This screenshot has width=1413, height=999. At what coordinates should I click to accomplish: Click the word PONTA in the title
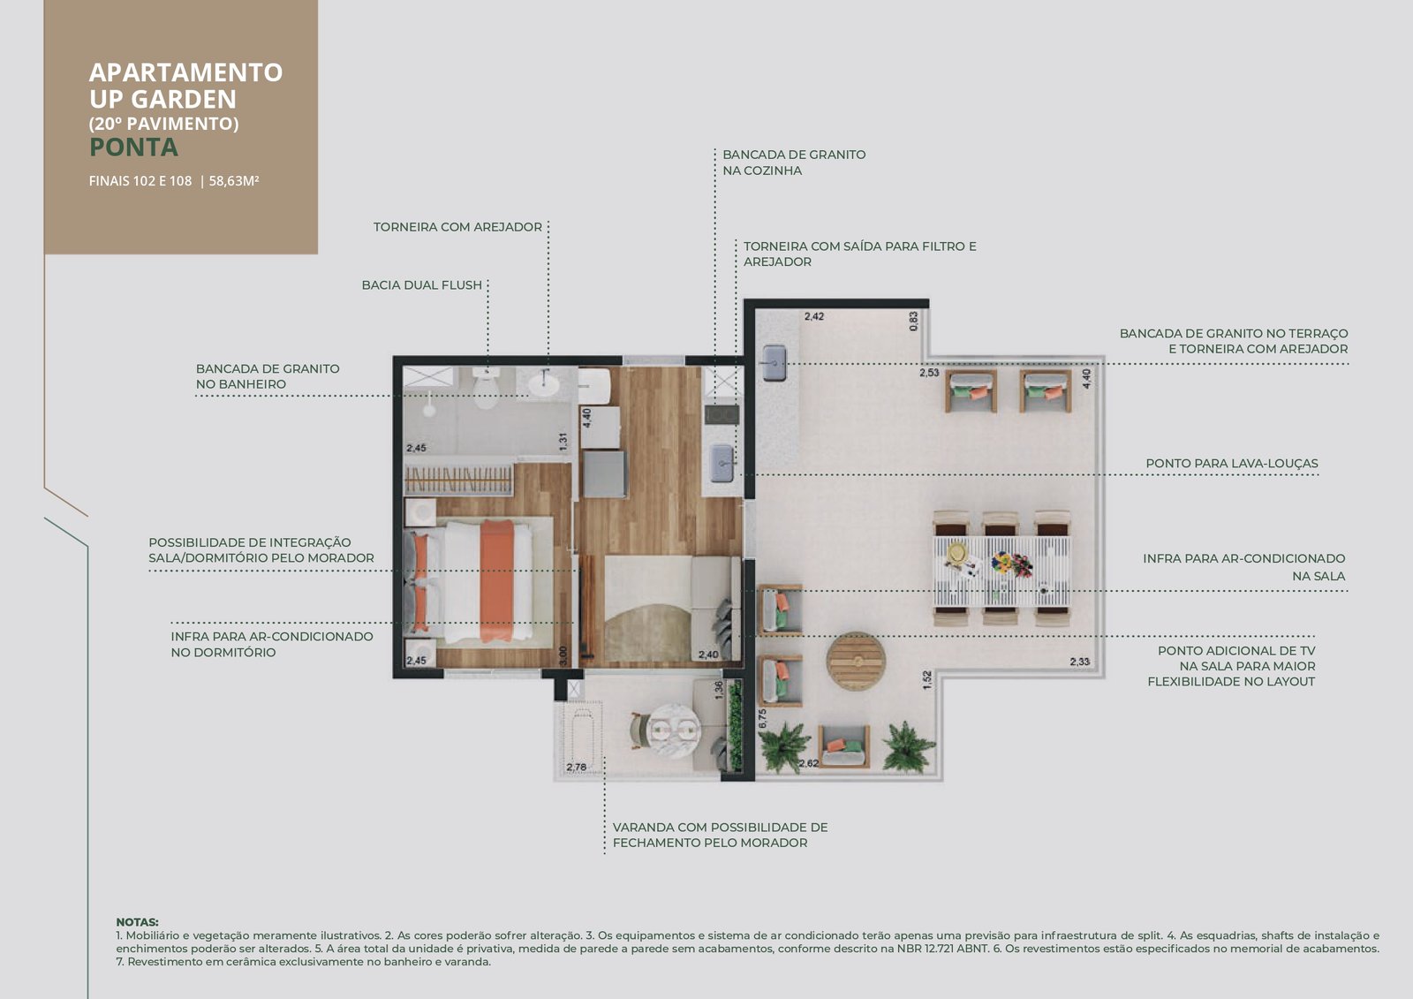coord(133,147)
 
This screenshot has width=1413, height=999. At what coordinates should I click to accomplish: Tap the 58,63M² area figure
coord(234,181)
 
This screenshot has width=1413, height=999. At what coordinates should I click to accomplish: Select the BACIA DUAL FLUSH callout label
coord(421,285)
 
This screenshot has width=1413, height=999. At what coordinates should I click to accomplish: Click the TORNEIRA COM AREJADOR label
coord(457,227)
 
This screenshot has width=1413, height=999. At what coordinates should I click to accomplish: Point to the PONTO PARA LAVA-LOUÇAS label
coord(1232,463)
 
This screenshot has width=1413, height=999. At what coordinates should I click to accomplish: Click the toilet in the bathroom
coord(486,388)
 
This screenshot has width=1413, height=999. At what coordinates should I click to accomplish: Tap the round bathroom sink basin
coord(543,384)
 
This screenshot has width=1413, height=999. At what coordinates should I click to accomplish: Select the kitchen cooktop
coord(722,414)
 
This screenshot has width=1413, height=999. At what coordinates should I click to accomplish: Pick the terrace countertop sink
coord(774,362)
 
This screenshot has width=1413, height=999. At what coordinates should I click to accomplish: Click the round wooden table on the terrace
coord(856,661)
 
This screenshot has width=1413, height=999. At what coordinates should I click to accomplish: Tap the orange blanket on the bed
coord(496,580)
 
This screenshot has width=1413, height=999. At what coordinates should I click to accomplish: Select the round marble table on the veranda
coord(675,730)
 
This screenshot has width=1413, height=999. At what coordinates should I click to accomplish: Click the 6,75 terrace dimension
coord(762,719)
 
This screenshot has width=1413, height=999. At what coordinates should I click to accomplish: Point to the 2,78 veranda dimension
coord(576,768)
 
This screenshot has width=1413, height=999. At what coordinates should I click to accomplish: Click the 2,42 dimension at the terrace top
coord(813,316)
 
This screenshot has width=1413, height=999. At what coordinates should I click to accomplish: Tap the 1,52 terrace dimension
coord(926,679)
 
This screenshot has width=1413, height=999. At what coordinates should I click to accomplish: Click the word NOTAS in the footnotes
coord(137,922)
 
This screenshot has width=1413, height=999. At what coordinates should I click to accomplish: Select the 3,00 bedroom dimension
coord(563,655)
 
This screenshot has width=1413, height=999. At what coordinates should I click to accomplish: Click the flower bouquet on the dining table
coord(1011,563)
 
